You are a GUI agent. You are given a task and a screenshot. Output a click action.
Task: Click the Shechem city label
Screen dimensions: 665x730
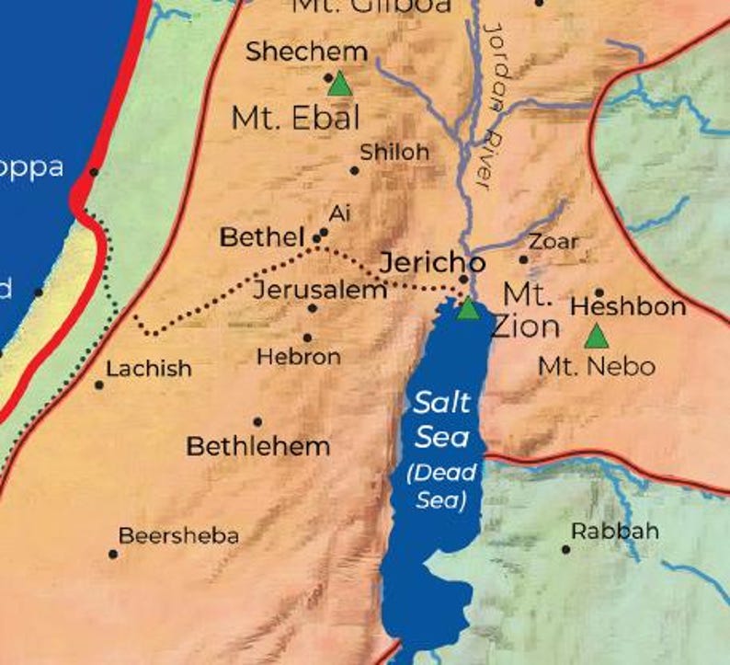point(306,52)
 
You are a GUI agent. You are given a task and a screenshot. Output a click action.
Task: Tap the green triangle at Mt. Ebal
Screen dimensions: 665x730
point(340,85)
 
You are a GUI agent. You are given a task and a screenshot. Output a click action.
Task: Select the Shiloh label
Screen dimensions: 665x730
point(394,153)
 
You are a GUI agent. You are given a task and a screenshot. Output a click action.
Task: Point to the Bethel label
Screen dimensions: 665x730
point(261,237)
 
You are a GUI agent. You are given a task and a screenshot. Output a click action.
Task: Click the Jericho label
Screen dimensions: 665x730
point(432,262)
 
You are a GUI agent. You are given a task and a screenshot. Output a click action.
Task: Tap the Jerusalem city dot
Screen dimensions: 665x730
point(313,308)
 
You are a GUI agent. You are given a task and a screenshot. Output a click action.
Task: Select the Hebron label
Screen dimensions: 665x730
point(299,357)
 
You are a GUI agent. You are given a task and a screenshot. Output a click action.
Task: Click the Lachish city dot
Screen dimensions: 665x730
point(99,384)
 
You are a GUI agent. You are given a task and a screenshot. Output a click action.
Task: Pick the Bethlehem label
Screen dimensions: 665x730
point(257,448)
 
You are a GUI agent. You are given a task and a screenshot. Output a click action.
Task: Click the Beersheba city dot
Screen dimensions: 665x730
point(113,554)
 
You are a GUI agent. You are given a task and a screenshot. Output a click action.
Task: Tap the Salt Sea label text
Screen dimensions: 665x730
point(442,418)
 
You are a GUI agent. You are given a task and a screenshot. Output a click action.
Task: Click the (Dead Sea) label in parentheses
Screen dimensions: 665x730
point(442,487)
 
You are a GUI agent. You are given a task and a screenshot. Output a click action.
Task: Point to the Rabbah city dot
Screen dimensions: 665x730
point(565,550)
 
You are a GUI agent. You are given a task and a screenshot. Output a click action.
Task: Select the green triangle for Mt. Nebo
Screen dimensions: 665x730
point(596,336)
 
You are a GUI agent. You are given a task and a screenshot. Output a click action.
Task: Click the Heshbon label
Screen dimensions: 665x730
point(628,307)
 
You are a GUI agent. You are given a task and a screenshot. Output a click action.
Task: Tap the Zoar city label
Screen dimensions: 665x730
point(553,242)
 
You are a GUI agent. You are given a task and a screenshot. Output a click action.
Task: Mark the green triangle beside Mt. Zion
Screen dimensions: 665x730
point(469,308)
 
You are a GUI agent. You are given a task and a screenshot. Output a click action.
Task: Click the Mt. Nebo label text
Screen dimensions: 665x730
point(597,367)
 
